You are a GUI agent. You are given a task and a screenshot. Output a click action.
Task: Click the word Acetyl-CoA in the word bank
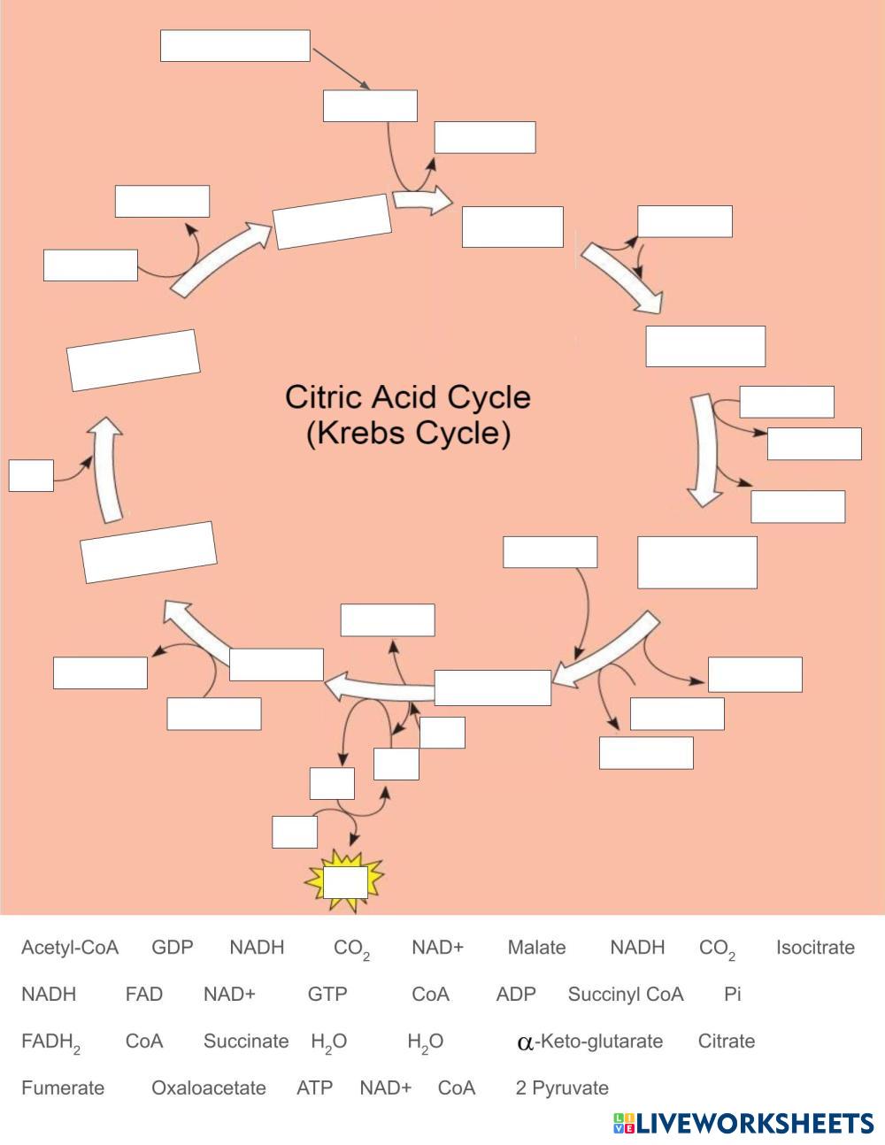(x=69, y=948)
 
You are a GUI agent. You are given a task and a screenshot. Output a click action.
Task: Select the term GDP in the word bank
(x=172, y=948)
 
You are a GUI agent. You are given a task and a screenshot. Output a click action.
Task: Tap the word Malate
(x=536, y=948)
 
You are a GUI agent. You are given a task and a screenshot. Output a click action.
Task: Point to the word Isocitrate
(x=815, y=948)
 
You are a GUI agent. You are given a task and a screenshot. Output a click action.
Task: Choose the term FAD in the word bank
(x=143, y=995)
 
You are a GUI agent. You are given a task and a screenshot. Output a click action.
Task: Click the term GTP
(x=327, y=995)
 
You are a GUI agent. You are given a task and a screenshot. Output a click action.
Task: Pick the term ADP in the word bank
(x=516, y=995)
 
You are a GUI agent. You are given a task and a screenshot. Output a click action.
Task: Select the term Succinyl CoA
(x=626, y=995)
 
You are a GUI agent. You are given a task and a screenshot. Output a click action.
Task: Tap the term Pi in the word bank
(x=732, y=995)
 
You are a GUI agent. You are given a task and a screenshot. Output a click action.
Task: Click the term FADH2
(x=50, y=1042)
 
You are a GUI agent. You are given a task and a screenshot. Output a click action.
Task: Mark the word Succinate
(x=246, y=1041)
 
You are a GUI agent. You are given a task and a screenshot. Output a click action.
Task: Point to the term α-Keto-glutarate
(x=589, y=1041)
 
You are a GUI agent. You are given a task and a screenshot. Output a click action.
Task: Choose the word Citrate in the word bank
(x=727, y=1041)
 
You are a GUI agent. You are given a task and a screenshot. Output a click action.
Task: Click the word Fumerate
(x=62, y=1088)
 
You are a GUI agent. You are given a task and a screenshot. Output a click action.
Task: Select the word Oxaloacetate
(x=209, y=1088)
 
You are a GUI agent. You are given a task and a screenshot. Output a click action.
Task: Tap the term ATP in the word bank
(x=314, y=1088)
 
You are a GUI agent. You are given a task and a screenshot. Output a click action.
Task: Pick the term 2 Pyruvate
(x=562, y=1088)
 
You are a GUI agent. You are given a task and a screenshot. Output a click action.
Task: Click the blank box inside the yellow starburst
(x=345, y=882)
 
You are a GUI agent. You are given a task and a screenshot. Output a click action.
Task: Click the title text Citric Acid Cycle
(x=408, y=396)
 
